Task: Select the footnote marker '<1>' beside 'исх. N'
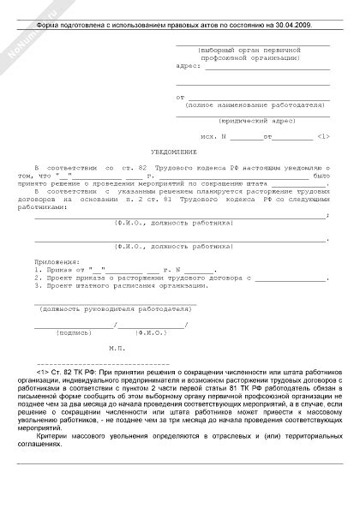323,135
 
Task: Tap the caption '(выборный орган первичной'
249,51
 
